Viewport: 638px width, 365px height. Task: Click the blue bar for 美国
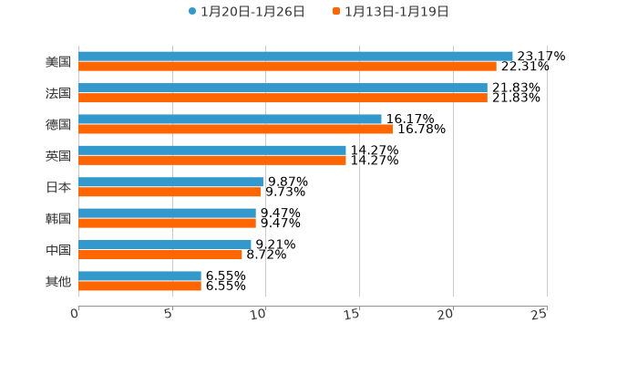(295, 57)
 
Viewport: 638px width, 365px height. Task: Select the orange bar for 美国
(287, 67)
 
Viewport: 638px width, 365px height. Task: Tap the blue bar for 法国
(283, 88)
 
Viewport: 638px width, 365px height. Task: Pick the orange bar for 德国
(235, 130)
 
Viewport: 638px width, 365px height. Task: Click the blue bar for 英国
(212, 151)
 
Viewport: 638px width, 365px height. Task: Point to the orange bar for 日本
(170, 193)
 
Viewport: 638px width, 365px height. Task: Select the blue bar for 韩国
(167, 214)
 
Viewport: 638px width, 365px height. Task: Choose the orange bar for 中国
(160, 255)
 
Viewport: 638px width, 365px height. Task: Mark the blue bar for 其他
(139, 276)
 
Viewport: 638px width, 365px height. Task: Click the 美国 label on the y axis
(58, 62)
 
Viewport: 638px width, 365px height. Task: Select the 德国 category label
(58, 124)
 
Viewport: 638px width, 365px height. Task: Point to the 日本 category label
(58, 187)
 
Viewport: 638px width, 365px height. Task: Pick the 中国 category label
(58, 250)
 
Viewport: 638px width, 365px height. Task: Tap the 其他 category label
(58, 281)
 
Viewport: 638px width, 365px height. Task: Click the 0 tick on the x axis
(75, 315)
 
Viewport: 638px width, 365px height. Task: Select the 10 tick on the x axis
(261, 315)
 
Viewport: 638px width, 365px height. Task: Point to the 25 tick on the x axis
(540, 315)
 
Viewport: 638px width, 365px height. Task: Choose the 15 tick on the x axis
(354, 315)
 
